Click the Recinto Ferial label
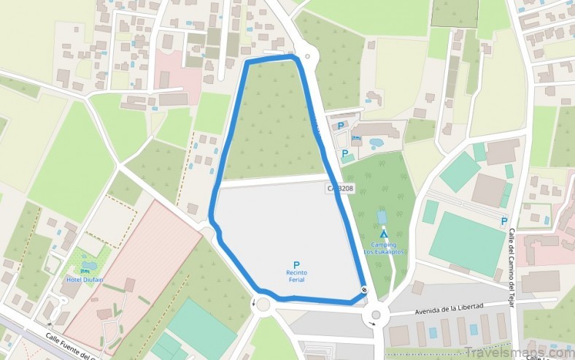point(296,275)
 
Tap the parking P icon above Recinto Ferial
point(296,264)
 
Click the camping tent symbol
point(384,234)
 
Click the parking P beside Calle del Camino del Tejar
point(503,221)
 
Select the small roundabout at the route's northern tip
point(307,56)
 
